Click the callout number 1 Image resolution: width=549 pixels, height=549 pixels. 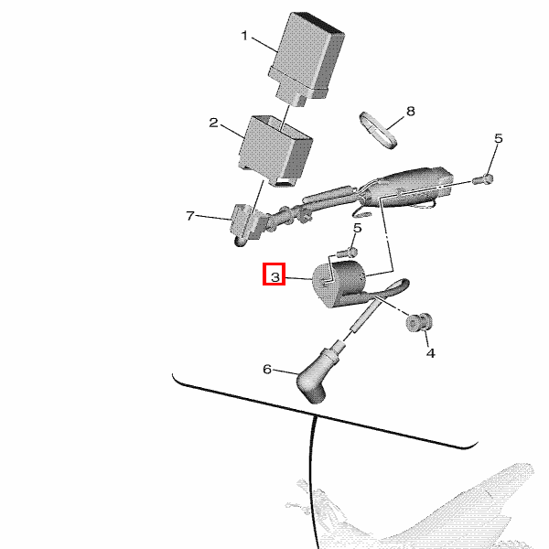244,36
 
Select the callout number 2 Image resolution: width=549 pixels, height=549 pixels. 213,123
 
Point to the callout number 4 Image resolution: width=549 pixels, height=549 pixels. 431,353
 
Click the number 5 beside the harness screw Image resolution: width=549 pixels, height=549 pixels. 499,139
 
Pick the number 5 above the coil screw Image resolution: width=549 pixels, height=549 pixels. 357,228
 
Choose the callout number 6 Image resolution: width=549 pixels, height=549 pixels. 267,369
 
